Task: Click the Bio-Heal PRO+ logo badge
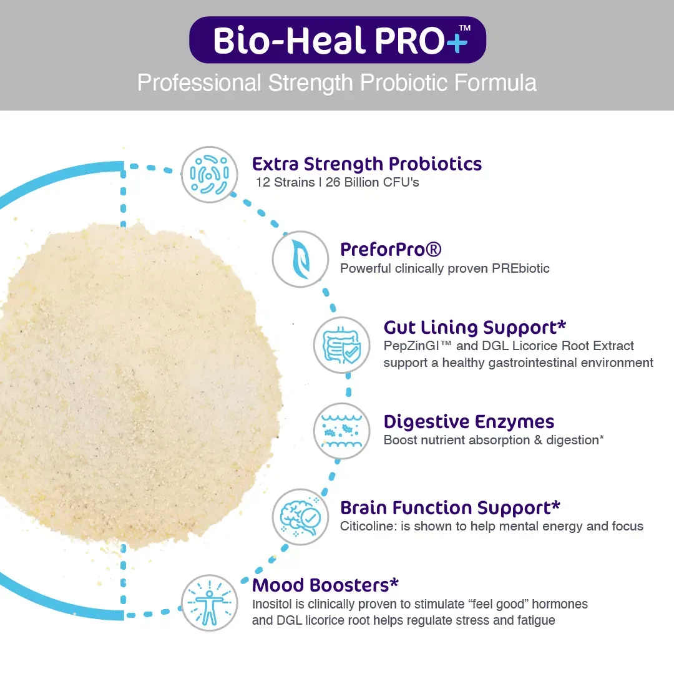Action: (x=338, y=40)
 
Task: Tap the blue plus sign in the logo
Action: (x=456, y=42)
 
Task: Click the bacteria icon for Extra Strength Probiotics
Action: (x=209, y=175)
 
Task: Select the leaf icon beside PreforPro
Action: (x=300, y=259)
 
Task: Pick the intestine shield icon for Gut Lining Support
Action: (x=342, y=344)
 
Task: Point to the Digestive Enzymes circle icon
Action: (x=342, y=431)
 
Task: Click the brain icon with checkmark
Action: (x=300, y=517)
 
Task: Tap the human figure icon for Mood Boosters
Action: (x=209, y=603)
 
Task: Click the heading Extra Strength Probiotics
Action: (x=367, y=164)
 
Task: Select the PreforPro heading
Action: (x=391, y=249)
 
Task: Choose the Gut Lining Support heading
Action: (x=474, y=328)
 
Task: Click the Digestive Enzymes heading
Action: (x=469, y=422)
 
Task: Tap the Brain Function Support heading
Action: (x=450, y=508)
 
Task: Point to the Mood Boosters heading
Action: (x=325, y=585)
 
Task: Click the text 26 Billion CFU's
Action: (x=372, y=182)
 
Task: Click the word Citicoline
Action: (x=368, y=526)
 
